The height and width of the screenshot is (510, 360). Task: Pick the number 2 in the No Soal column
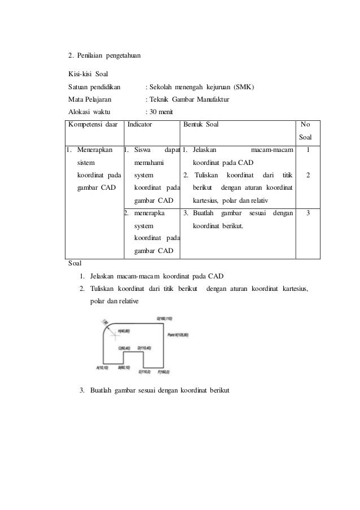click(x=308, y=176)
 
